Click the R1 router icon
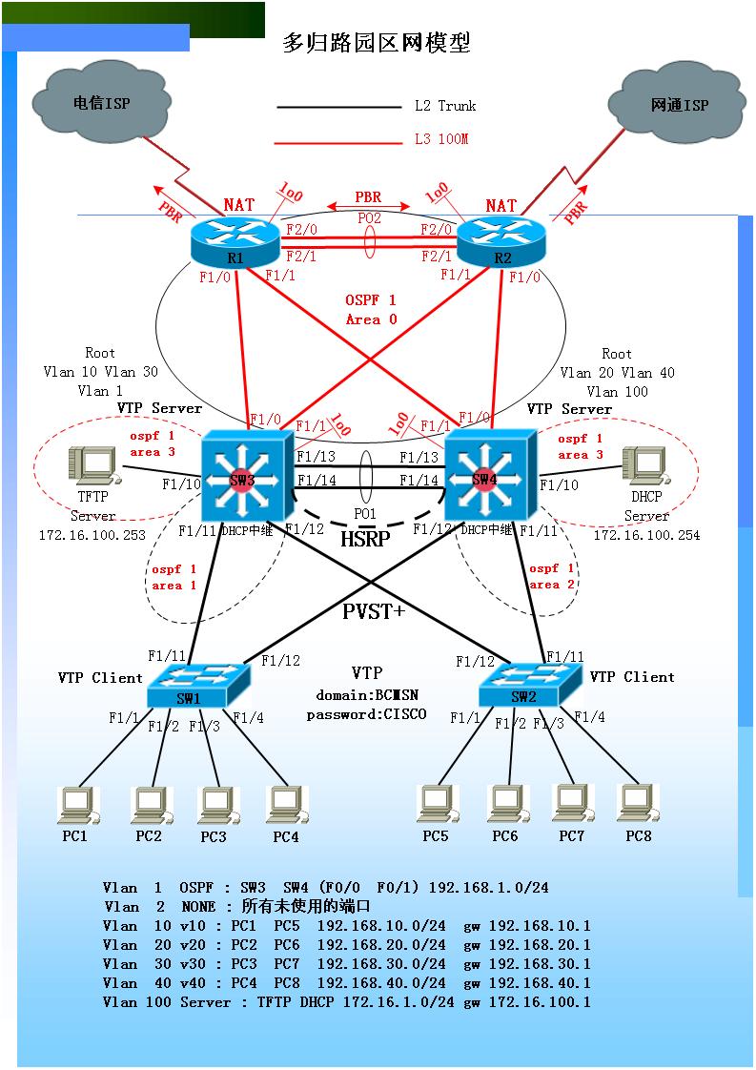(x=235, y=241)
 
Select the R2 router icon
(x=501, y=241)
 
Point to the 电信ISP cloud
(x=101, y=103)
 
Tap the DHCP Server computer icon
(x=644, y=466)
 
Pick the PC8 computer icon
(x=637, y=805)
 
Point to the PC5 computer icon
(x=437, y=805)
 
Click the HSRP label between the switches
(x=365, y=539)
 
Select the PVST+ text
(x=373, y=611)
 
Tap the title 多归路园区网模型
(x=377, y=42)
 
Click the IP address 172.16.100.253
(x=92, y=535)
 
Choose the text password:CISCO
(x=366, y=714)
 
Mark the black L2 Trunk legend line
(x=339, y=107)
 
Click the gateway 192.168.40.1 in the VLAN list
(x=539, y=983)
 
